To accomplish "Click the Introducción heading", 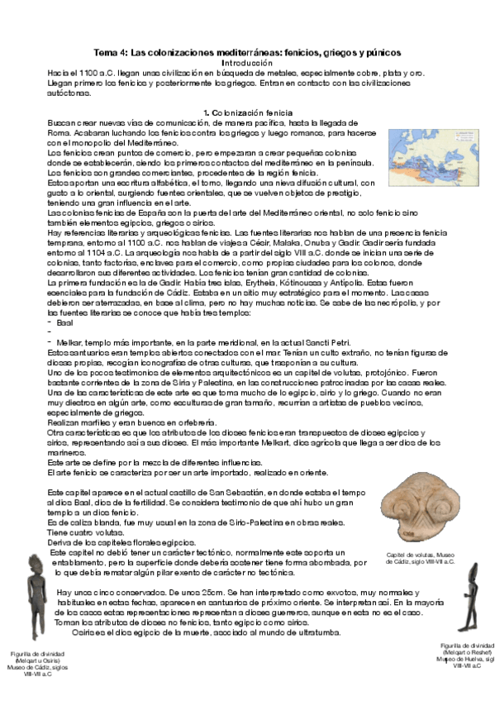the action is (x=247, y=63).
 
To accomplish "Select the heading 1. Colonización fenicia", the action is (x=247, y=112).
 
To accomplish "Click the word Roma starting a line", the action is (x=58, y=131).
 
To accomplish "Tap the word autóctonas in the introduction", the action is (x=66, y=92).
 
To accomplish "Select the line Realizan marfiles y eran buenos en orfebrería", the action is (x=128, y=421).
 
